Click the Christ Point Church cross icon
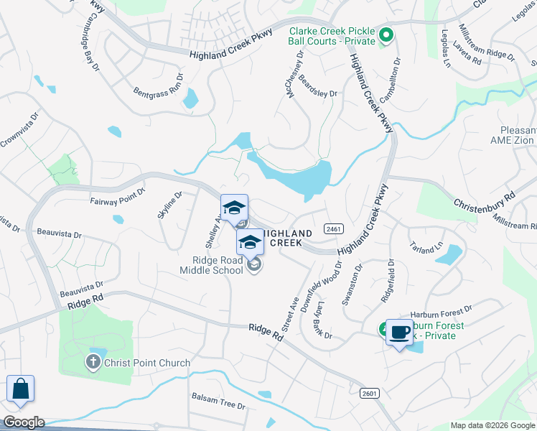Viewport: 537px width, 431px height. pos(93,363)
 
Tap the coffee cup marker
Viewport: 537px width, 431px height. pos(399,333)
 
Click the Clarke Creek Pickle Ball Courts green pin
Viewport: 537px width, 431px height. pos(386,34)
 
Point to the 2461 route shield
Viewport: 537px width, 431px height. pos(330,228)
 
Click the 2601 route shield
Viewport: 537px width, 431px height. pos(369,393)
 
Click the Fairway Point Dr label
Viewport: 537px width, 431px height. pos(118,198)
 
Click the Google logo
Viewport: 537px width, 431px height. pos(23,422)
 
